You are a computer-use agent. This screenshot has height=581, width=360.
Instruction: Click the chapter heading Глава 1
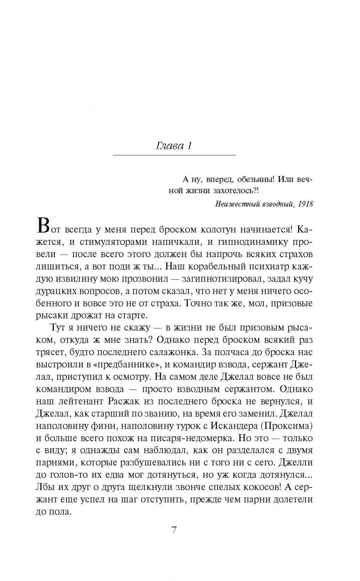coord(173,146)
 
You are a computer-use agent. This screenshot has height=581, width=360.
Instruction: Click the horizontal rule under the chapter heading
coord(173,155)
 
